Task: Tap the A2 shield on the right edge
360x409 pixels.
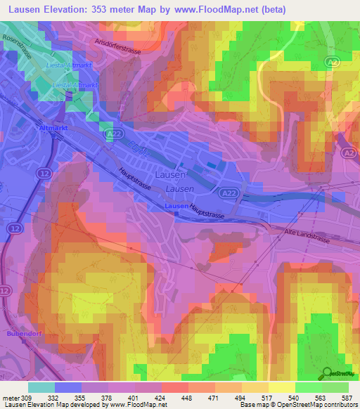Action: (347, 152)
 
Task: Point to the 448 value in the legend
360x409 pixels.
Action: (187, 398)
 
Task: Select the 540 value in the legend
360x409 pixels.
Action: (294, 398)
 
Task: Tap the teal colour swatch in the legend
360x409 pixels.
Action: (41, 387)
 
